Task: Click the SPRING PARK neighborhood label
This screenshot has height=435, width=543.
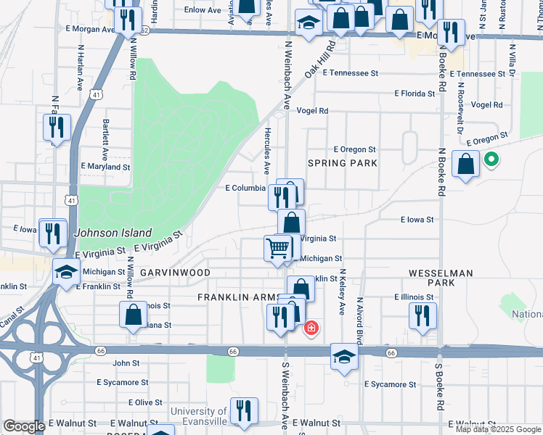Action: (x=343, y=163)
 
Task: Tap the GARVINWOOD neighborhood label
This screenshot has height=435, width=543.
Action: (x=175, y=273)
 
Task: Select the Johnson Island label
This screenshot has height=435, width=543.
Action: (x=113, y=233)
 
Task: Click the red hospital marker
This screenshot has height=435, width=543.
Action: (x=311, y=328)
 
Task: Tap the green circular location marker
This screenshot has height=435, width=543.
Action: (x=491, y=159)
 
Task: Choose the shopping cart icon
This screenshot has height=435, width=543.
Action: (x=278, y=248)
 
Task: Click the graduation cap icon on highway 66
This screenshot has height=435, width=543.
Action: (x=344, y=355)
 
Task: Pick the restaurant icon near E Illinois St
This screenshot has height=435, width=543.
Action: (x=420, y=315)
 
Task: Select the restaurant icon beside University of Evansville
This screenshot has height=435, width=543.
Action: (x=243, y=410)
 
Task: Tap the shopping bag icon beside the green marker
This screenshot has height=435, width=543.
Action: (x=465, y=164)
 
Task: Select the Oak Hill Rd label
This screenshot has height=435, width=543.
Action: (x=319, y=61)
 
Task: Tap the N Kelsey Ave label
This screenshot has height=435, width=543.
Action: (x=341, y=291)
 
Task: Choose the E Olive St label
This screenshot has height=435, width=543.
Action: (x=145, y=402)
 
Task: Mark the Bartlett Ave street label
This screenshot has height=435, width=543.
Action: (x=105, y=140)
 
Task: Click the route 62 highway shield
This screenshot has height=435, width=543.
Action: (x=144, y=30)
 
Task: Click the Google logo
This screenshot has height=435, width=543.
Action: (x=24, y=426)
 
